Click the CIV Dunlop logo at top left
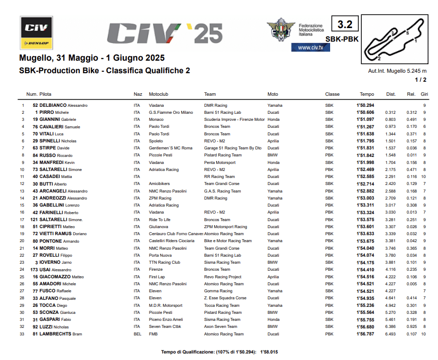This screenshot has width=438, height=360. click(36, 33)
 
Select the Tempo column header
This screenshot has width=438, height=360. click(367, 94)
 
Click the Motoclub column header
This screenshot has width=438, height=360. click(159, 94)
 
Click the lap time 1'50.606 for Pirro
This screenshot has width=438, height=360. click(366, 113)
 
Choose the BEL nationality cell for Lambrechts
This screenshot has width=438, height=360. click(137, 334)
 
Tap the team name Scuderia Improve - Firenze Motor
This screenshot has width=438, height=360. click(234, 120)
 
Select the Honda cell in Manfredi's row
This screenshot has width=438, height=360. click(273, 162)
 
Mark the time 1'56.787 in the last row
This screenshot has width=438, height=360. click(366, 334)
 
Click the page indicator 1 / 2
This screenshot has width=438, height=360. click(420, 80)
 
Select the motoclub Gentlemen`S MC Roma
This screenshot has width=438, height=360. click(171, 148)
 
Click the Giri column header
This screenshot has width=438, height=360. click(424, 94)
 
